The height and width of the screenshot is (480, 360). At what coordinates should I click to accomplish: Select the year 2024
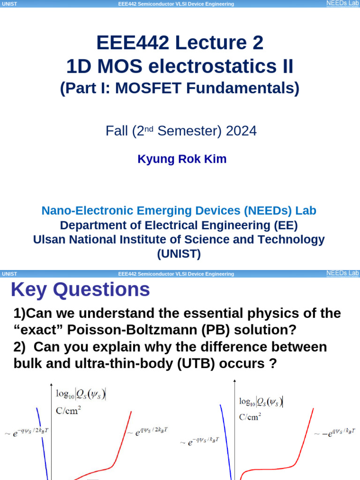point(241,131)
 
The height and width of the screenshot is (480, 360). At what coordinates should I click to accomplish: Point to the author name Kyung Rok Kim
point(182,159)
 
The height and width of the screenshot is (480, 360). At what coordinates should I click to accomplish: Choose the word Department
point(97,225)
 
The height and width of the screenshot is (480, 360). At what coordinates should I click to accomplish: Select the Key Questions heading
point(80,290)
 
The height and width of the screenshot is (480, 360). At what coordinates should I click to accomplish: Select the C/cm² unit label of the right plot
point(250,416)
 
